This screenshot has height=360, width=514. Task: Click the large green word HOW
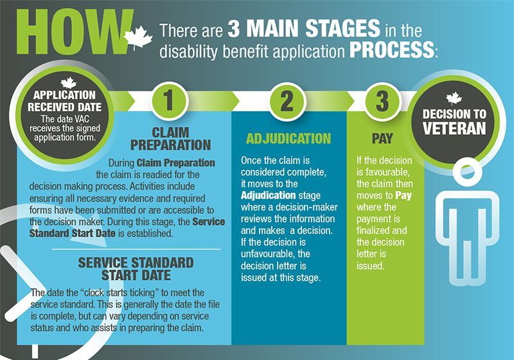[75, 32]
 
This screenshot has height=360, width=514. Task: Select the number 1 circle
[168, 100]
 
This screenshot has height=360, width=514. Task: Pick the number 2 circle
[287, 101]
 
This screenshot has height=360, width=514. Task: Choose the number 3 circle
[382, 101]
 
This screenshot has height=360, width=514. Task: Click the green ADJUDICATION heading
[288, 139]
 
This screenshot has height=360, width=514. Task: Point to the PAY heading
[382, 139]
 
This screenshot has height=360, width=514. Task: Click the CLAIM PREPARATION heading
[170, 139]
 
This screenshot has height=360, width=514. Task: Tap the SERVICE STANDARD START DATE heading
[136, 269]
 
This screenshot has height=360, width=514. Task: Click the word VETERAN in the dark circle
[454, 128]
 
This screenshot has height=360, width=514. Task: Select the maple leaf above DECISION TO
[454, 98]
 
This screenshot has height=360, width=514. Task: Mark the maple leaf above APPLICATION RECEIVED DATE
[69, 83]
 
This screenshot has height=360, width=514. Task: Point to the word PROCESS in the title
[392, 50]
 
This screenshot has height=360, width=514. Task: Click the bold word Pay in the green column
[403, 195]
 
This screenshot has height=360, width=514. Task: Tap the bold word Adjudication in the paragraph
[268, 195]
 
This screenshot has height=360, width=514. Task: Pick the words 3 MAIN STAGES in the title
[304, 28]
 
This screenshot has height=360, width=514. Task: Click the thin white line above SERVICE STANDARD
[136, 249]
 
